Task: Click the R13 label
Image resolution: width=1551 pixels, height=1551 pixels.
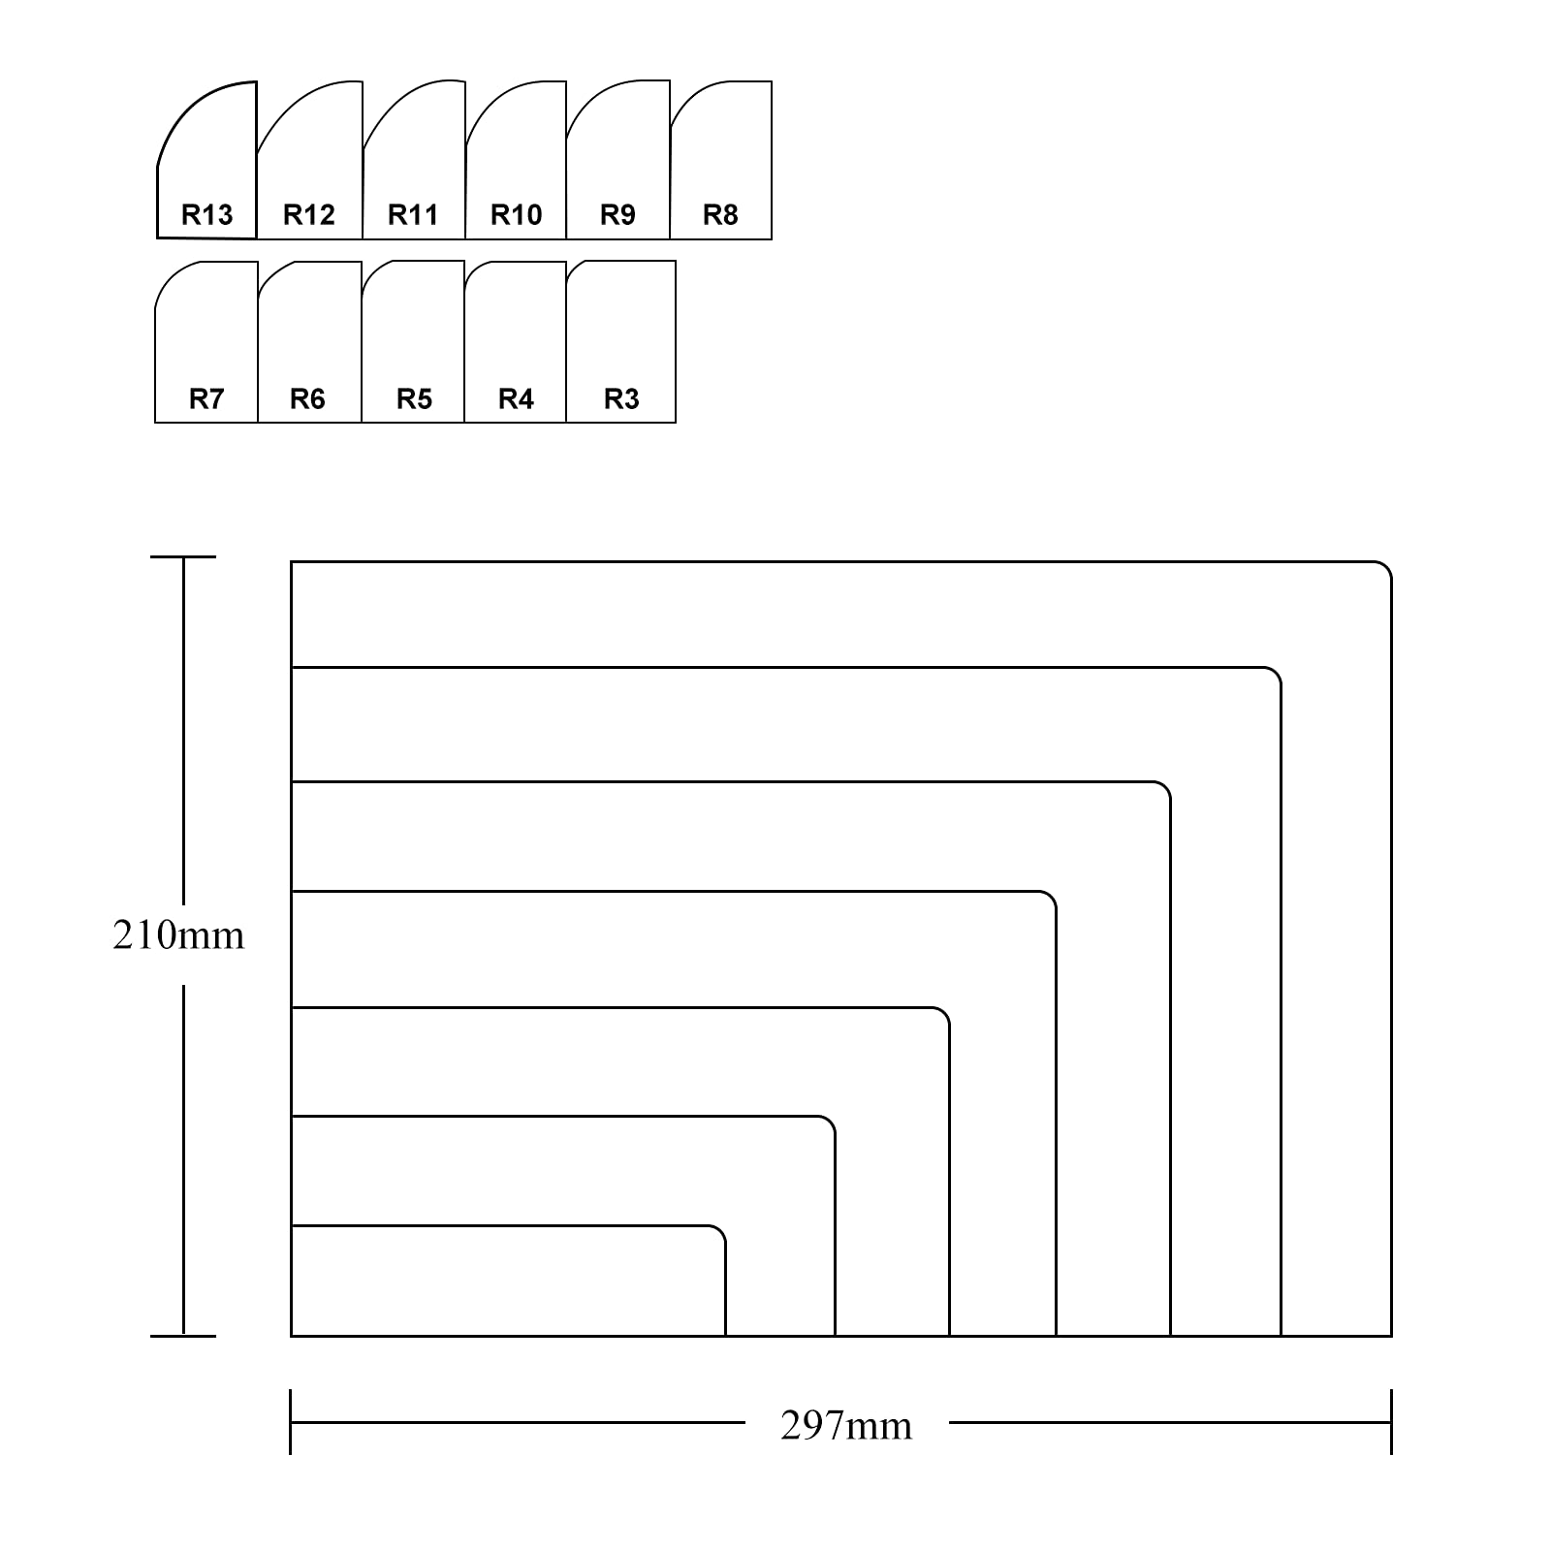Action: click(207, 214)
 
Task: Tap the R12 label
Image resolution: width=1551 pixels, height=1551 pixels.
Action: click(309, 214)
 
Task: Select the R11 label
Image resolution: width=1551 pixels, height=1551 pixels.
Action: click(413, 214)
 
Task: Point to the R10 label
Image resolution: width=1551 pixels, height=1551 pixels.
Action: click(516, 214)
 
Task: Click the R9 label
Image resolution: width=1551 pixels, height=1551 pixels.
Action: click(617, 214)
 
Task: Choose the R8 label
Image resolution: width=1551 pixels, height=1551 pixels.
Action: click(720, 214)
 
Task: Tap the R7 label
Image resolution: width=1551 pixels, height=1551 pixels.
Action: click(206, 398)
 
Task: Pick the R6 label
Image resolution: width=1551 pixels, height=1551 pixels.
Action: click(307, 398)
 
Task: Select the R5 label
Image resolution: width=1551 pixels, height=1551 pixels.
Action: click(414, 398)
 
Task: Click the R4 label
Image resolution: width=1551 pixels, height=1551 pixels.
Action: click(516, 398)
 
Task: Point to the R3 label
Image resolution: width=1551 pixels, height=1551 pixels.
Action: click(621, 398)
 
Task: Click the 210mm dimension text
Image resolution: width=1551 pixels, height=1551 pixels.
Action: click(178, 935)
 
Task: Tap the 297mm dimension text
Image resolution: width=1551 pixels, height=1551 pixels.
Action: click(846, 1426)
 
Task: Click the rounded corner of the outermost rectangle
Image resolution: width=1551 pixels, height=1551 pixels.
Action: click(1386, 567)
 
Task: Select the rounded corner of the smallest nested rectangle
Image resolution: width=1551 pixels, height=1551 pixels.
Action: click(720, 1231)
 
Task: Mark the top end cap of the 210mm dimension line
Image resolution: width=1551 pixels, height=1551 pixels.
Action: click(183, 557)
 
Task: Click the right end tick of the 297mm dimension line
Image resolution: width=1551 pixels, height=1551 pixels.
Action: click(1391, 1422)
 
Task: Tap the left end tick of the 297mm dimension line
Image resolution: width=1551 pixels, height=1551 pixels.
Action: click(291, 1422)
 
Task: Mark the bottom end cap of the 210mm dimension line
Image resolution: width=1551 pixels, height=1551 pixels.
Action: click(183, 1336)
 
